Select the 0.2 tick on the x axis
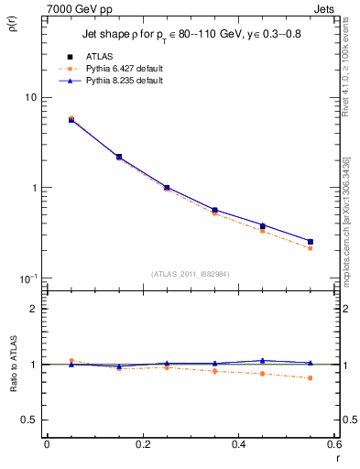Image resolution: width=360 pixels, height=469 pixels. point(142,444)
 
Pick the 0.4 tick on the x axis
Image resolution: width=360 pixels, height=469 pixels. point(238,444)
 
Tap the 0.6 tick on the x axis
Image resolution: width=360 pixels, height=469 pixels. point(334,444)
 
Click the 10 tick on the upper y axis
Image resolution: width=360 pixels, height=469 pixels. point(29,98)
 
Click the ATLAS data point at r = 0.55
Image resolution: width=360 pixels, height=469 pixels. point(310,242)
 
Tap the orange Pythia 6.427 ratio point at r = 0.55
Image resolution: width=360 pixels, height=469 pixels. point(310,377)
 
